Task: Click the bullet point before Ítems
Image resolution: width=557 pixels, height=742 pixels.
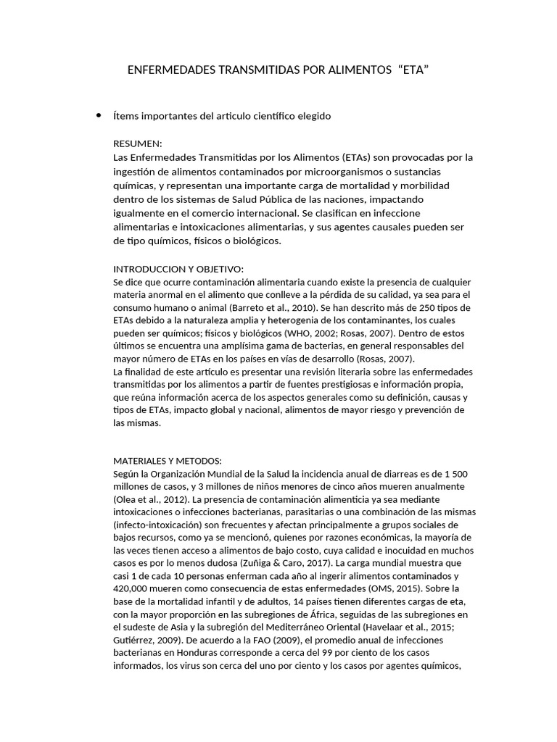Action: click(97, 115)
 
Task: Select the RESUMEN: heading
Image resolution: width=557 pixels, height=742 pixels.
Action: click(138, 143)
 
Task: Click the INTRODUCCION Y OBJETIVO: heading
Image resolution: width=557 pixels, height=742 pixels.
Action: click(178, 269)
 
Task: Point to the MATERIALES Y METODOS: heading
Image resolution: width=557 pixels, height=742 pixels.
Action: click(168, 460)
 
